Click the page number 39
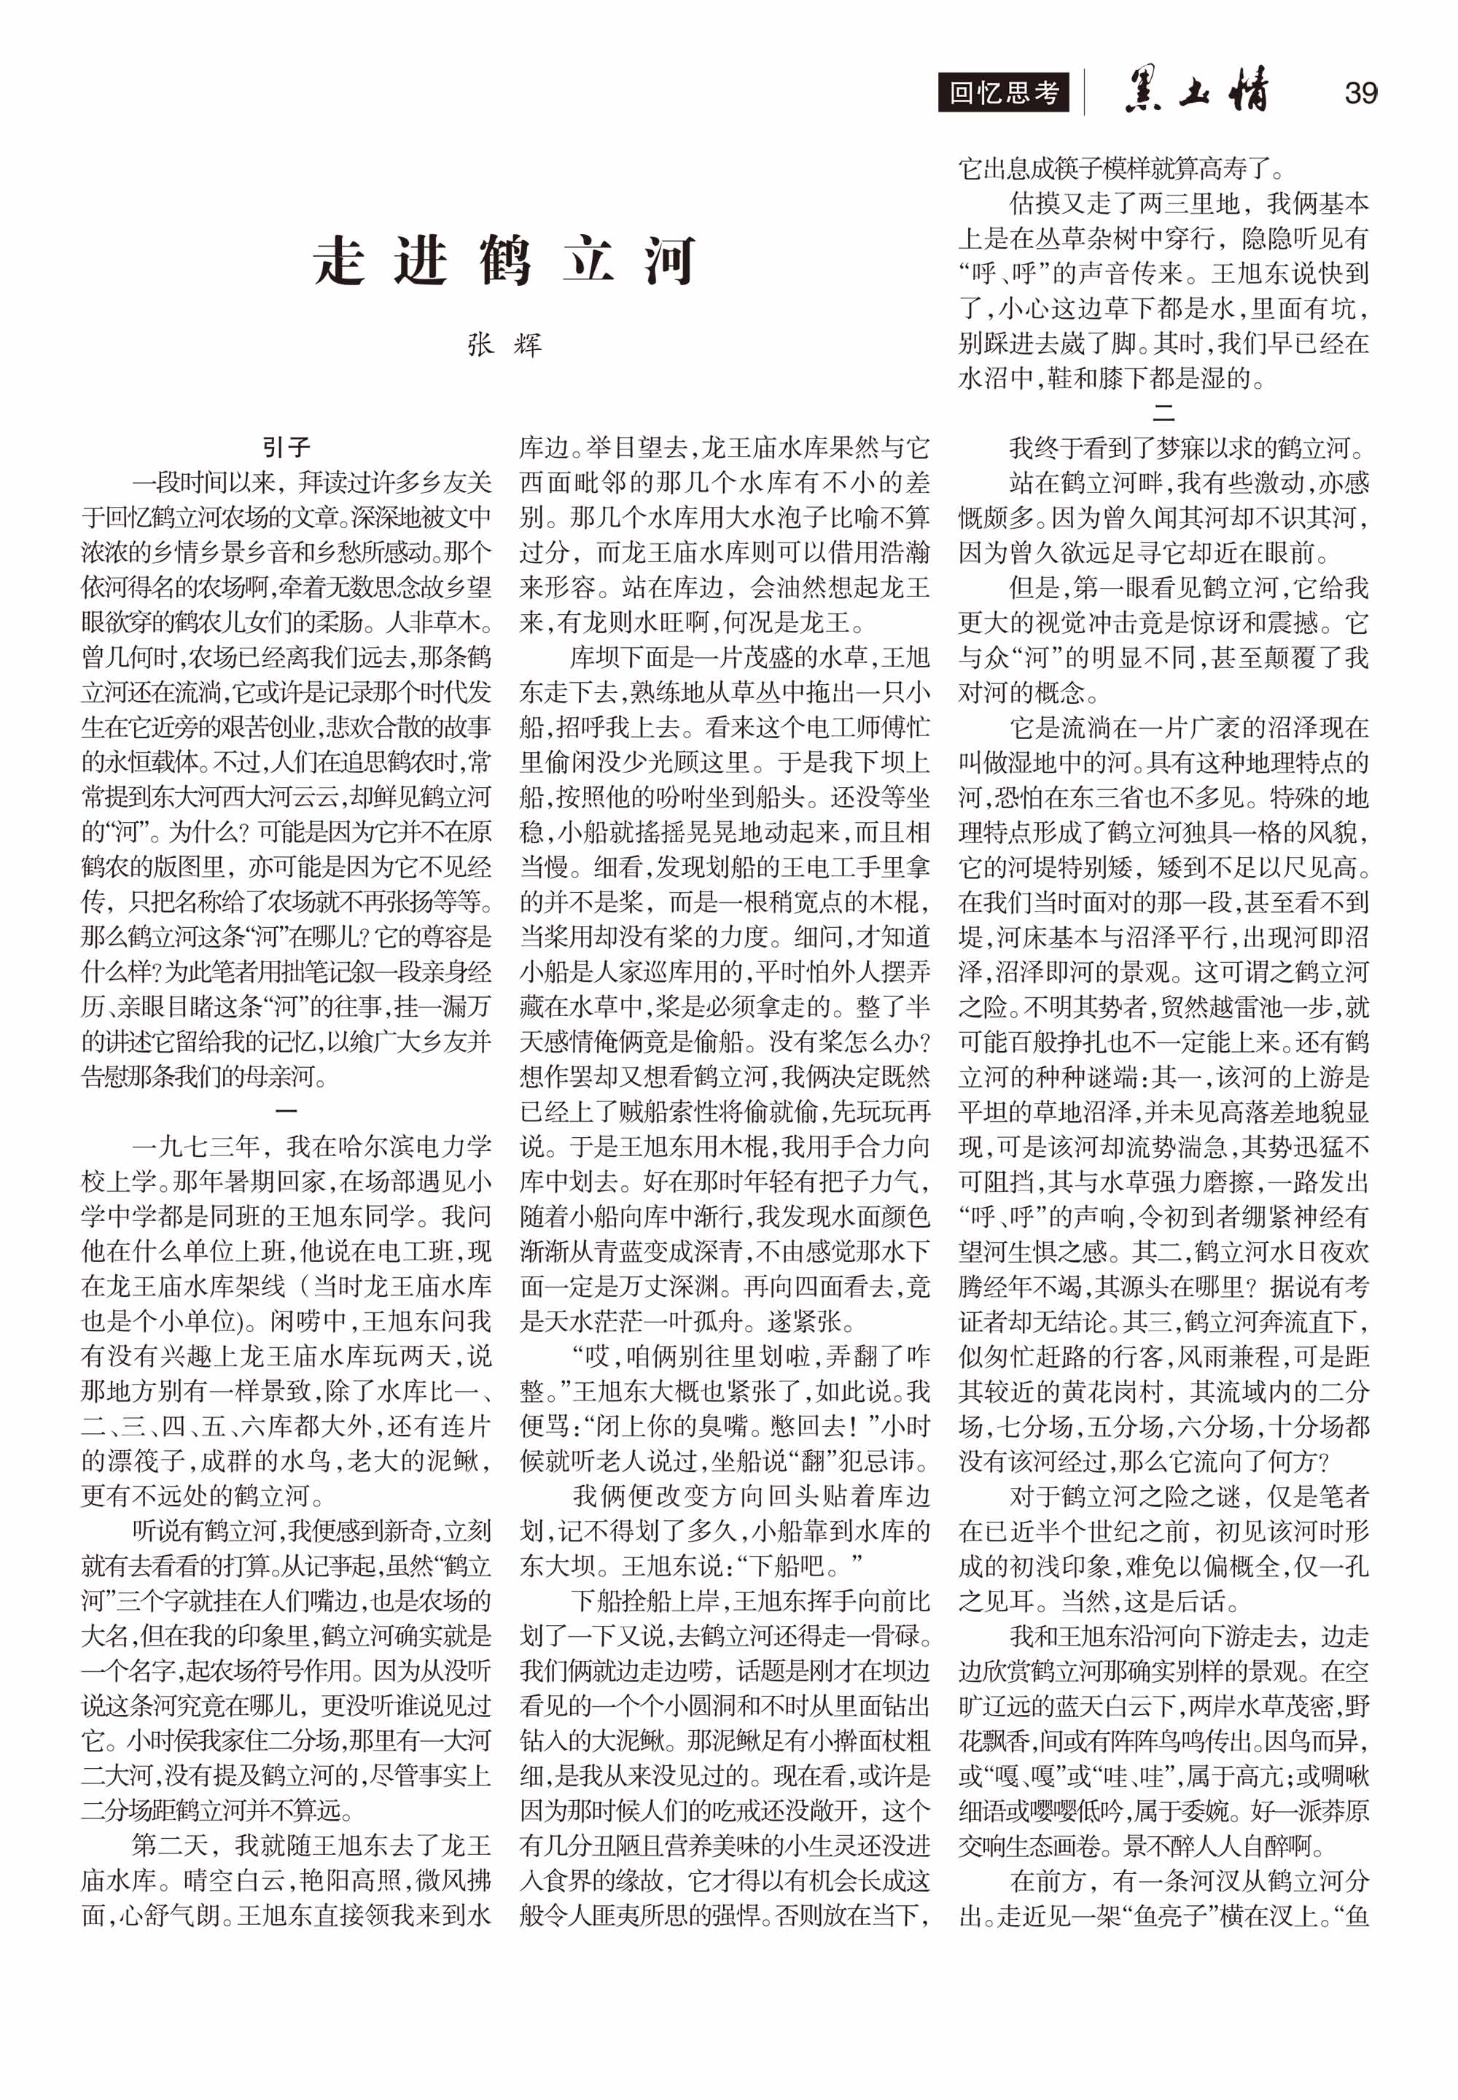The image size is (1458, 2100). [x=1360, y=93]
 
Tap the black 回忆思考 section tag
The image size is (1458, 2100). [x=1003, y=93]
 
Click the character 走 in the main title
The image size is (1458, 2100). [x=340, y=261]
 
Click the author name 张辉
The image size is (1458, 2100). [x=504, y=344]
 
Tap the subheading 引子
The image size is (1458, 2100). [x=286, y=447]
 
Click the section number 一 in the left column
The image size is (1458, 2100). [x=286, y=1111]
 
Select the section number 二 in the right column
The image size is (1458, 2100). [x=1163, y=412]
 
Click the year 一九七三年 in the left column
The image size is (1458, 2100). [x=196, y=1146]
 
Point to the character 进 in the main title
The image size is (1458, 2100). [x=421, y=261]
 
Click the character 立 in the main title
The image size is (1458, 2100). [x=588, y=261]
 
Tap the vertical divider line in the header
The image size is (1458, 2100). [x=1084, y=93]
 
